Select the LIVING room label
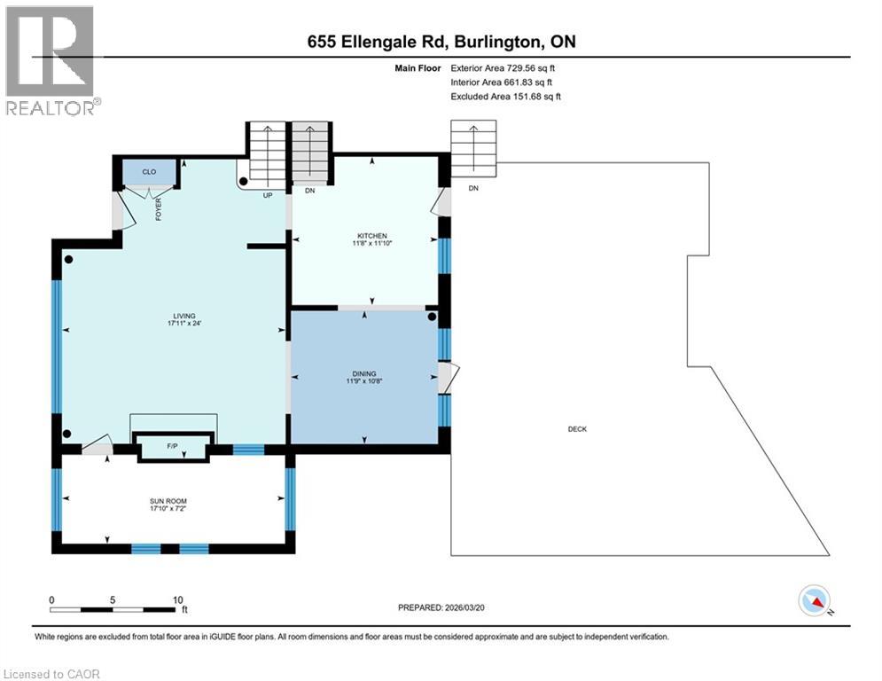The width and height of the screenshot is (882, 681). pyautogui.click(x=183, y=316)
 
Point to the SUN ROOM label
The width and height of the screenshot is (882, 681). pyautogui.click(x=168, y=502)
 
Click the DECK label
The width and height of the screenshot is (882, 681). pyautogui.click(x=577, y=429)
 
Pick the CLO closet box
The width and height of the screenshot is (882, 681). pyautogui.click(x=149, y=171)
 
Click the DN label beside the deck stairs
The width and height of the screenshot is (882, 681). pyautogui.click(x=473, y=188)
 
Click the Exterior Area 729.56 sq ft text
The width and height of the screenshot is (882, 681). pyautogui.click(x=503, y=67)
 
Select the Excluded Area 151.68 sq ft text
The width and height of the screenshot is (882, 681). pyautogui.click(x=505, y=96)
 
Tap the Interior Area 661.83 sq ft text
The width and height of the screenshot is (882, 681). pyautogui.click(x=503, y=82)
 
